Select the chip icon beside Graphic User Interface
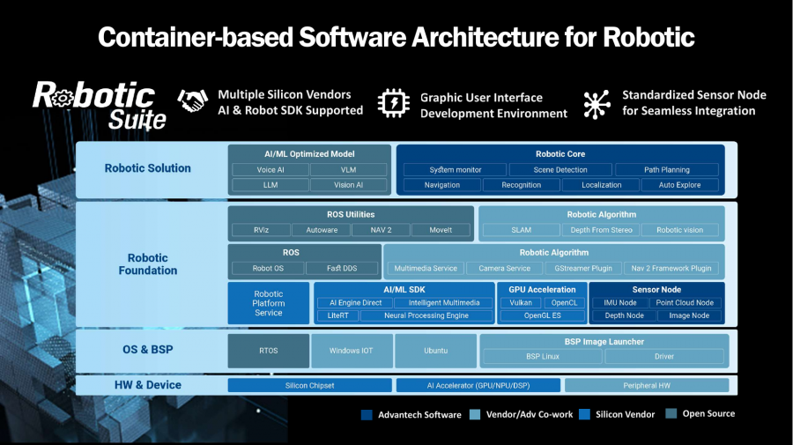(393, 103)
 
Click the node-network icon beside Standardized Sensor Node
(597, 103)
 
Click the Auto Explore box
(679, 185)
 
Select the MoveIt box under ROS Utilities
(441, 230)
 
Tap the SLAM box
(521, 230)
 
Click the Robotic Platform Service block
(269, 303)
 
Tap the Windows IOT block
(351, 350)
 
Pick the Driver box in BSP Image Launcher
(664, 356)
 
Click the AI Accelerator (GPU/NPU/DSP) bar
(478, 385)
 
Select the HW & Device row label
(148, 385)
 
